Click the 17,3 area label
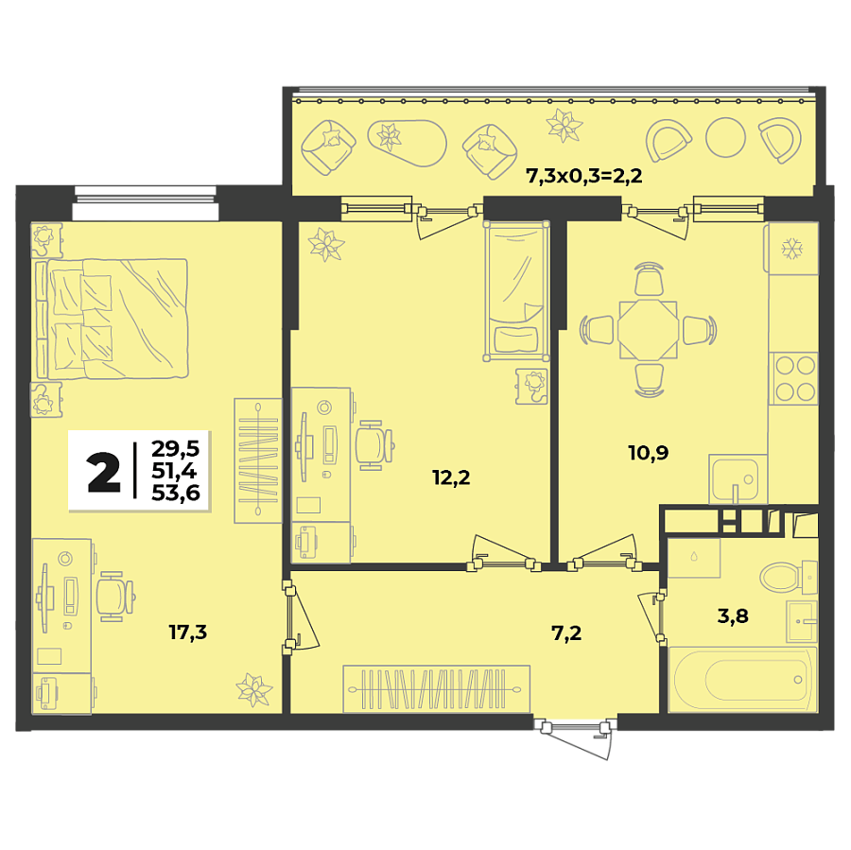pyautogui.click(x=187, y=633)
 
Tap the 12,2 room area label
pyautogui.click(x=451, y=477)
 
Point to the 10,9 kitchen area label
pyautogui.click(x=649, y=453)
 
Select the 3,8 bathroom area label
pyautogui.click(x=733, y=616)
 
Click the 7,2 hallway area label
pyautogui.click(x=565, y=633)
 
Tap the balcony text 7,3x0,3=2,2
pyautogui.click(x=583, y=175)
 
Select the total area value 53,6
pyautogui.click(x=176, y=491)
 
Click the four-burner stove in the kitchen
pyautogui.click(x=792, y=377)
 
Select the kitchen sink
pyautogui.click(x=736, y=479)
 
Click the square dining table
pyautogui.click(x=648, y=329)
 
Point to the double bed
pyautogui.click(x=113, y=319)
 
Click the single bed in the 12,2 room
pyautogui.click(x=516, y=290)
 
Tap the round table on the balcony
pyautogui.click(x=726, y=137)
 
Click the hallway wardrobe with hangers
pyautogui.click(x=435, y=688)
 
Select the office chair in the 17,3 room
pyautogui.click(x=114, y=595)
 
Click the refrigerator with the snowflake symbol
pyautogui.click(x=790, y=248)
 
